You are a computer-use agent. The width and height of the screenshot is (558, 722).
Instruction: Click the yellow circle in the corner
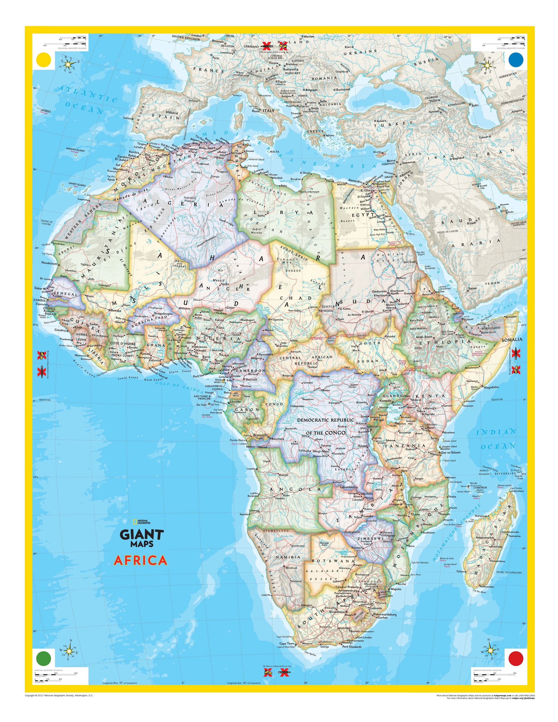(44, 60)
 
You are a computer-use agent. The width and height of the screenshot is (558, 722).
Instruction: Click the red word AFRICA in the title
(140, 561)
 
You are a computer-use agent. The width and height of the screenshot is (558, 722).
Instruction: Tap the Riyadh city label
(472, 223)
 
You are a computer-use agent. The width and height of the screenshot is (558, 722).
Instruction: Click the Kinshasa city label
(278, 439)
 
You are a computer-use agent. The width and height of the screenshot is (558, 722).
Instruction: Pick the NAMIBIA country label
(288, 557)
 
